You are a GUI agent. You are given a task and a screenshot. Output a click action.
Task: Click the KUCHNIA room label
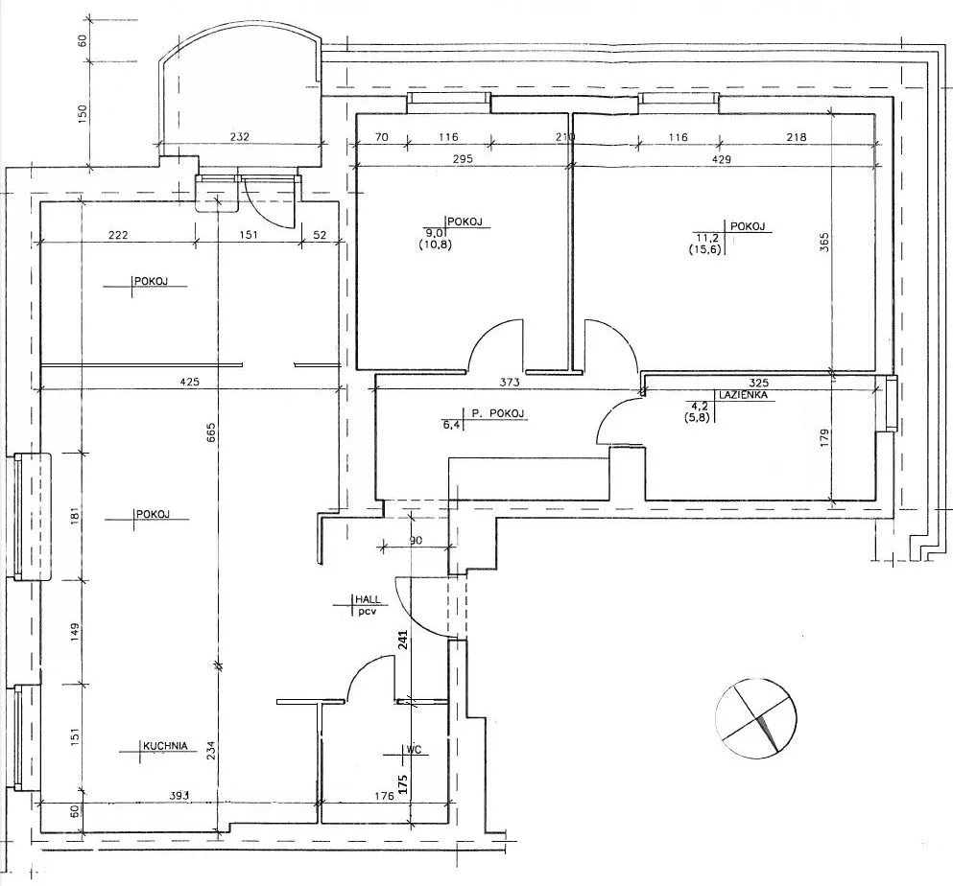click(165, 746)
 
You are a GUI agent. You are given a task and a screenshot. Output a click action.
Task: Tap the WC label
click(414, 750)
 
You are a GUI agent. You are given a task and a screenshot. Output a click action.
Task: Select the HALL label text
click(369, 599)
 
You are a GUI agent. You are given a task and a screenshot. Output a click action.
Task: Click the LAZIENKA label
click(744, 395)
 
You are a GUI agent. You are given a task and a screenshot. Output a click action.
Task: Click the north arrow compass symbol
click(756, 718)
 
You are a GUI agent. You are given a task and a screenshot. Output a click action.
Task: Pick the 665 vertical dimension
click(210, 432)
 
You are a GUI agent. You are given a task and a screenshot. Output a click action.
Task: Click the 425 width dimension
click(190, 382)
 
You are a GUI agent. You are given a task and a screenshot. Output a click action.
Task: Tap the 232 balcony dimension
click(240, 136)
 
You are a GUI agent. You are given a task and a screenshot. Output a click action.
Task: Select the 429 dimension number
click(722, 159)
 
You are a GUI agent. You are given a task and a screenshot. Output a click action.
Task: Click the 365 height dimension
click(824, 243)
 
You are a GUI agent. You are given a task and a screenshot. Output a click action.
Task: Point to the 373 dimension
click(510, 382)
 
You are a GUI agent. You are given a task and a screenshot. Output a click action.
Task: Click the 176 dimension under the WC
click(384, 796)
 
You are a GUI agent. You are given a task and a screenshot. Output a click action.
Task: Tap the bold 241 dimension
click(403, 640)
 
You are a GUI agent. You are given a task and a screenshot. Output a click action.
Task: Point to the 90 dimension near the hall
click(417, 540)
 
